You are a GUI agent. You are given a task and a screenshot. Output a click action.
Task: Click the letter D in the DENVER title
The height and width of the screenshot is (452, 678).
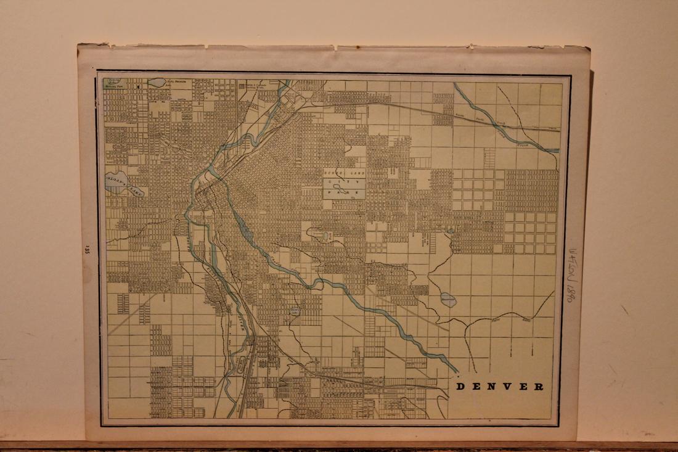pos(459,387)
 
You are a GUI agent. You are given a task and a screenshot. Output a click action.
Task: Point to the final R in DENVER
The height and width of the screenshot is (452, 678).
pos(540,387)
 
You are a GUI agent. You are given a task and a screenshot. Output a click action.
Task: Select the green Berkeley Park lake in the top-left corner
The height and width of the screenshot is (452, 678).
pos(112,81)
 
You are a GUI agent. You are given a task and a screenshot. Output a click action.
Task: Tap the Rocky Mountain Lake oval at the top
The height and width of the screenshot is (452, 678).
pos(157,82)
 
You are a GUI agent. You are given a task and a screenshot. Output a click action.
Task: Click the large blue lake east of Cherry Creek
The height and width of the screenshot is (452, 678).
pos(448,300)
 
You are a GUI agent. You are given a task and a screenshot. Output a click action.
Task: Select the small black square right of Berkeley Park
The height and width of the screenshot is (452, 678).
pos(139,87)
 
